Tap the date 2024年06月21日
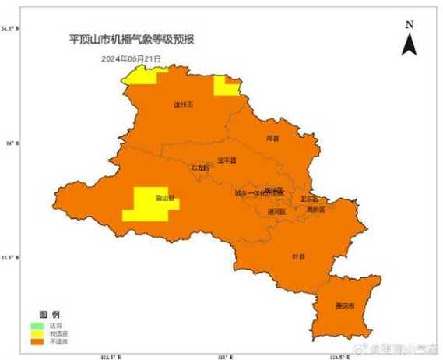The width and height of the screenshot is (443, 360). [x=131, y=58]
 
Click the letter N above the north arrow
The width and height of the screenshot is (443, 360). [x=410, y=25]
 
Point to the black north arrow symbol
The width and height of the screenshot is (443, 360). [x=410, y=44]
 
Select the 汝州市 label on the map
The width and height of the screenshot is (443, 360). [x=183, y=103]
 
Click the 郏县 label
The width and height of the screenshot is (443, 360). [x=272, y=138]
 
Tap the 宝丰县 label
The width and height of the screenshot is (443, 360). [x=227, y=160]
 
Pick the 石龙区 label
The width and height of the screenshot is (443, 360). [x=200, y=168]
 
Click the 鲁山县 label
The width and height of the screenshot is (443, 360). [x=164, y=196]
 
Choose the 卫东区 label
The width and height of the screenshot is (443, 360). [x=309, y=199]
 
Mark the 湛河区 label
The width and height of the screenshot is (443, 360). [x=276, y=211]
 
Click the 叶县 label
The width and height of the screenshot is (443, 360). [x=298, y=256]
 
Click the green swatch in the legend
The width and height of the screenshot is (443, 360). [x=37, y=323]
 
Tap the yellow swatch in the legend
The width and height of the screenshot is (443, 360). [x=37, y=332]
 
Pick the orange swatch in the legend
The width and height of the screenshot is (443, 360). [x=37, y=341]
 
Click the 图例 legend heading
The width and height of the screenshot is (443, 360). [x=50, y=312]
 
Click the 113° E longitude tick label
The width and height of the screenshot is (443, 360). [x=225, y=356]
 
